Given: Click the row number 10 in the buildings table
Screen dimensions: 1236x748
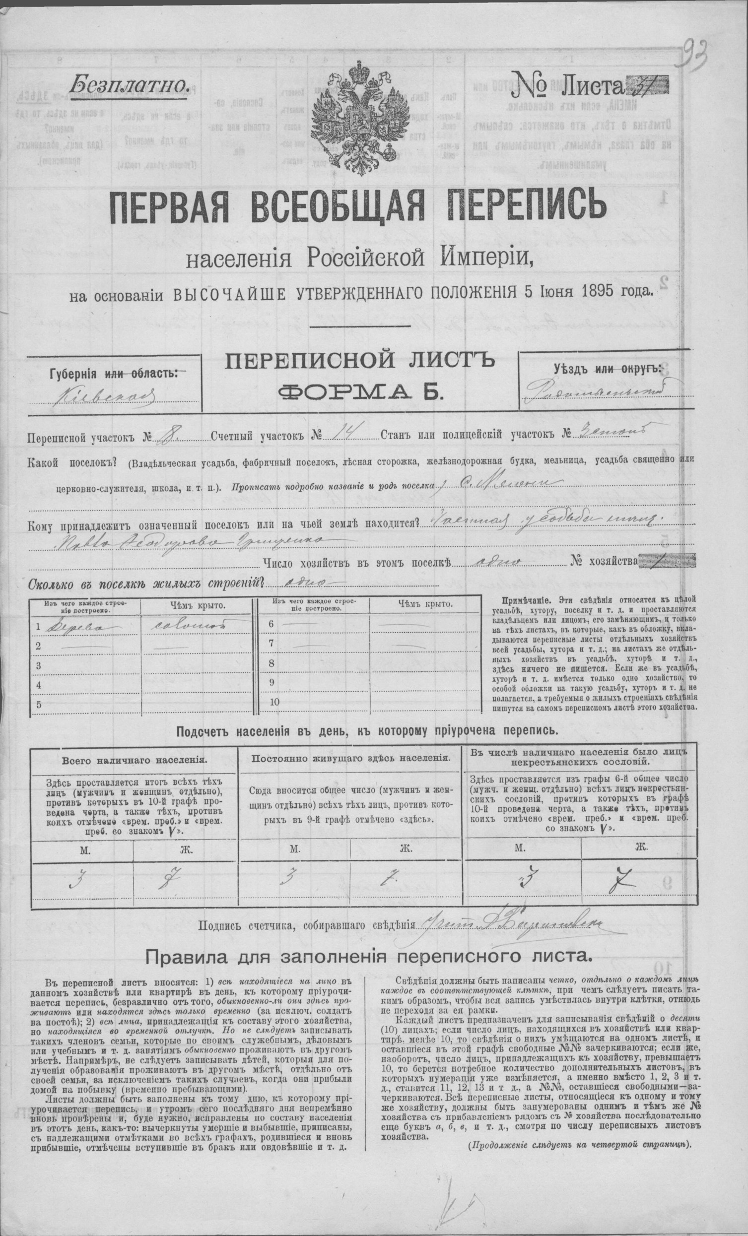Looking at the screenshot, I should pyautogui.click(x=274, y=702).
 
